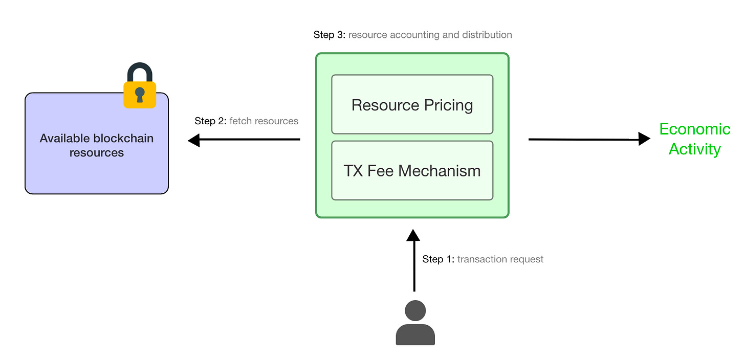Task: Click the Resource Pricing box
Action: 412,104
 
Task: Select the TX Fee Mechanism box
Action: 412,170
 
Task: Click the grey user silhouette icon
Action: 415,323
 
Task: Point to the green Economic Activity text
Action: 694,139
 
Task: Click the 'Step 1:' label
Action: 438,259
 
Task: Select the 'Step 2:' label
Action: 210,121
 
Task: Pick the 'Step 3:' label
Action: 329,35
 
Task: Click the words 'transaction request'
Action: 500,259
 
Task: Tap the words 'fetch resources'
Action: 264,121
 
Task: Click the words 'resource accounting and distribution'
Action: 430,35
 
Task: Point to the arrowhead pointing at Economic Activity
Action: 644,139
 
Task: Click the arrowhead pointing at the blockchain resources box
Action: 194,140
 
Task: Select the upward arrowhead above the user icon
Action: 413,235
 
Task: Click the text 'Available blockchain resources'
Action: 97,145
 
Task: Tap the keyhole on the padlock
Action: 140,95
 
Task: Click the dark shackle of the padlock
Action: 140,71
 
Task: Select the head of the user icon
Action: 415,310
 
